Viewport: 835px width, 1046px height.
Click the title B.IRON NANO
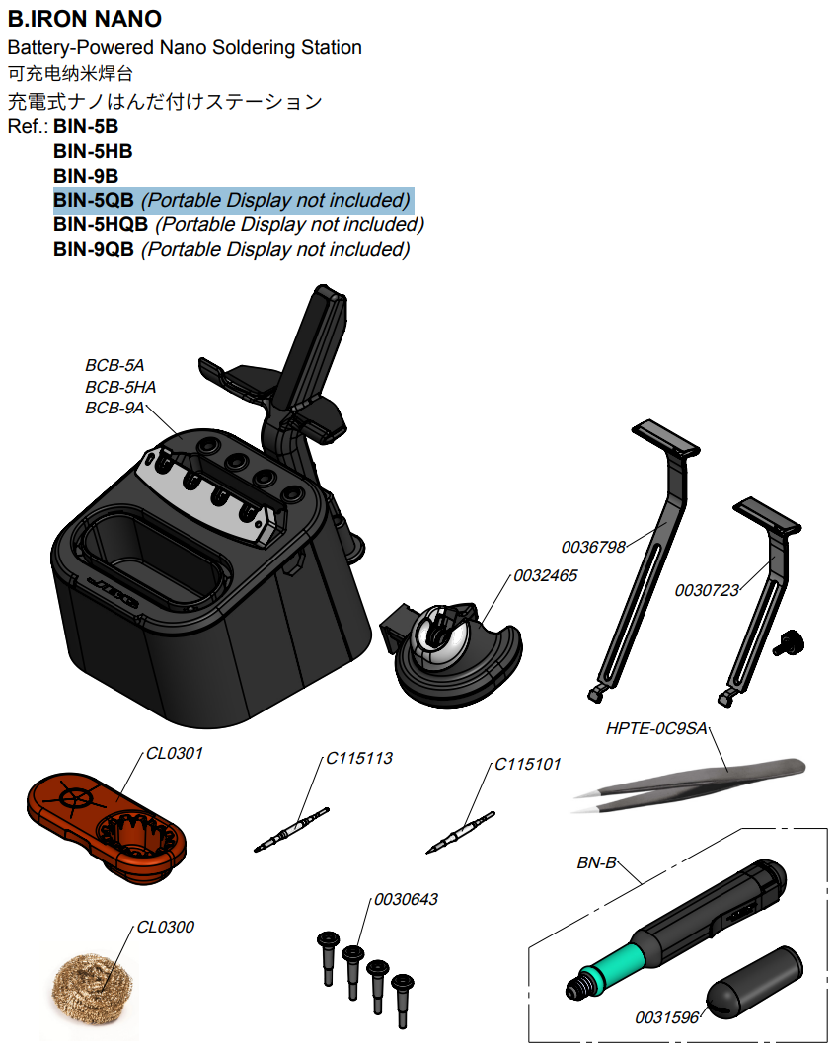pos(84,19)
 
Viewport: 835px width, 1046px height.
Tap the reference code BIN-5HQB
pos(101,224)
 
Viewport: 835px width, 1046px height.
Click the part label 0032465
pos(545,575)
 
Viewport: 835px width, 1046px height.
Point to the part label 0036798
pos(593,547)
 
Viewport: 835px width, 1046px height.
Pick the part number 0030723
pos(707,590)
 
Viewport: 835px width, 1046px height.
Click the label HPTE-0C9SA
pos(656,729)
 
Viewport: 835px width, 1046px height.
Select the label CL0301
pos(175,753)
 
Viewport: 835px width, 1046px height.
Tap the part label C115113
pos(359,758)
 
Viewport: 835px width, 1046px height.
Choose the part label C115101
pos(527,763)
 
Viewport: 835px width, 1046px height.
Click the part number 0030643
pos(406,899)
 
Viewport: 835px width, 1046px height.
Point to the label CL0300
pos(165,927)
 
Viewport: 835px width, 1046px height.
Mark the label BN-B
pos(596,863)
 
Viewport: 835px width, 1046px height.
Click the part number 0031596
pos(667,1017)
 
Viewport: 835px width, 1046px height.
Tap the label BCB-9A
pos(114,408)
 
